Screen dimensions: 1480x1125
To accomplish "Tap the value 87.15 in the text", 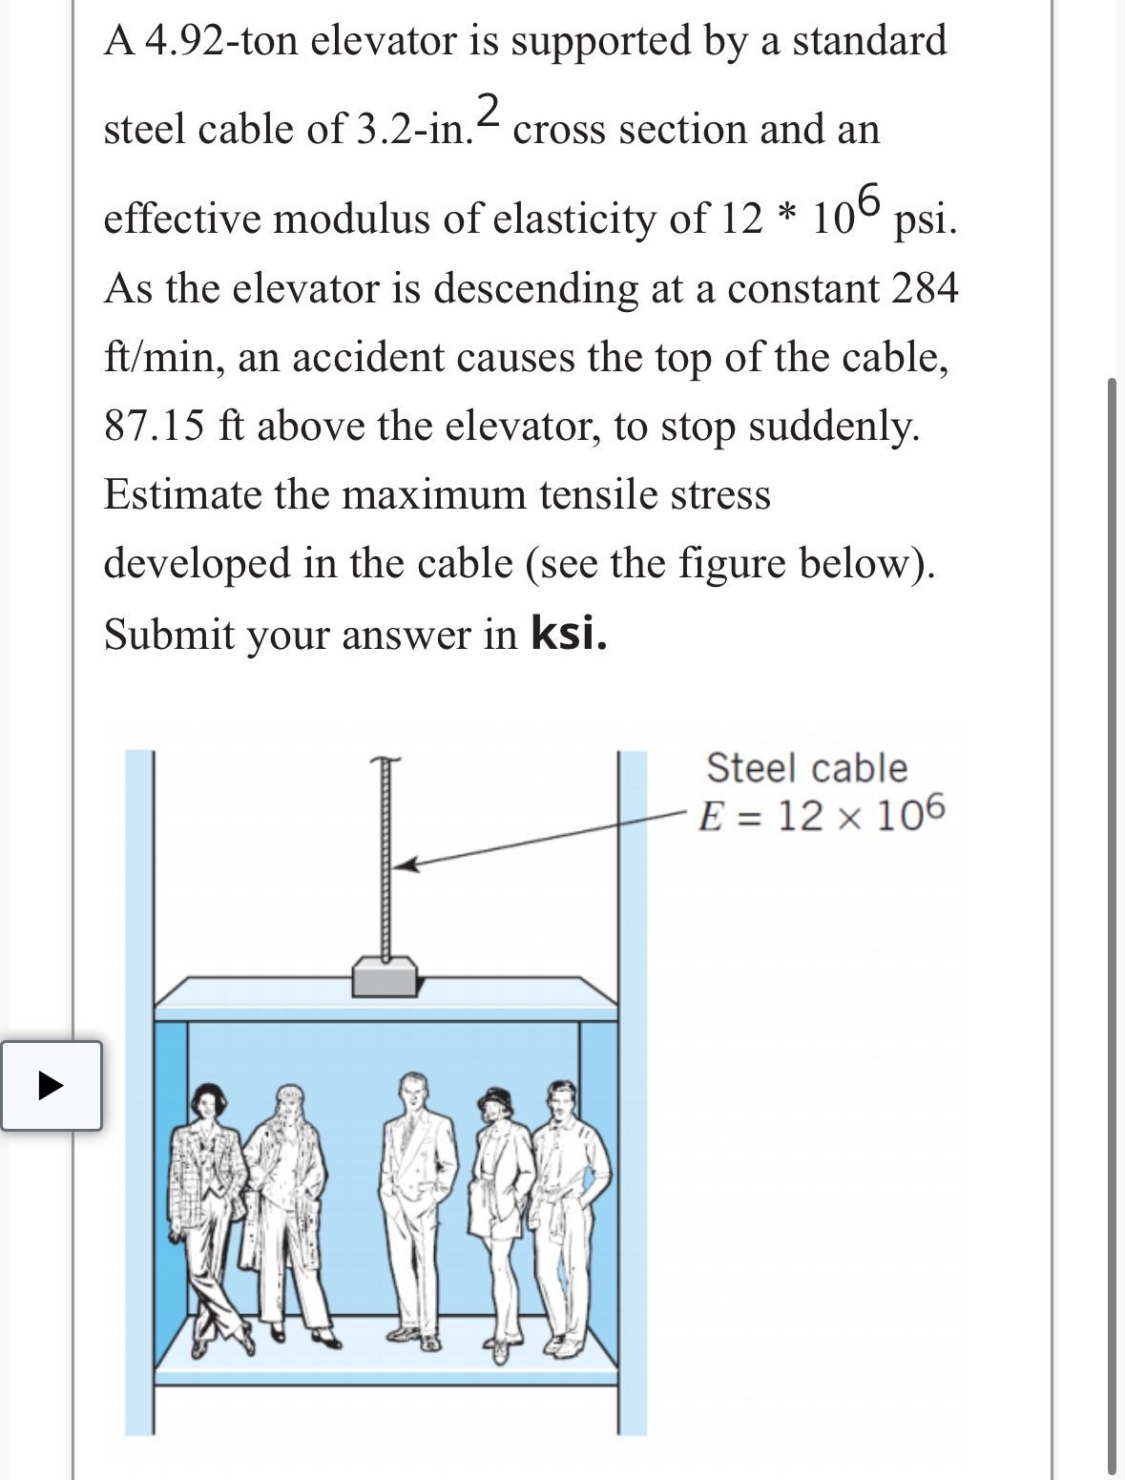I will [154, 426].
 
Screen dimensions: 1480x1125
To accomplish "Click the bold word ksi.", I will [569, 632].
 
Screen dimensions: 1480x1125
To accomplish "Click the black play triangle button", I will [51, 1086].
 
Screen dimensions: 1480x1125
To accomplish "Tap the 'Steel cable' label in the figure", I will [806, 768].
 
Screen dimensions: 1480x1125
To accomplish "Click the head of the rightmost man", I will [562, 1100].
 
